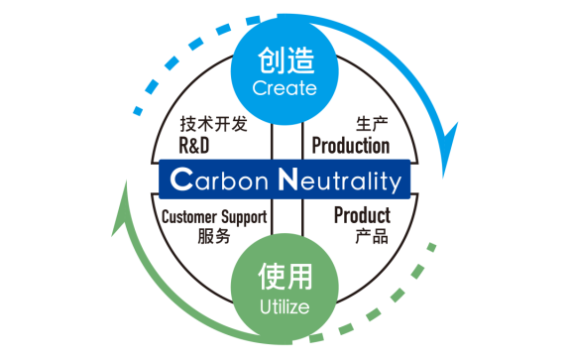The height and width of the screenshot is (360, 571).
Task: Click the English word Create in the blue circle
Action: coord(285,88)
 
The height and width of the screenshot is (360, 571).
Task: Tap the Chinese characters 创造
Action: coord(285,60)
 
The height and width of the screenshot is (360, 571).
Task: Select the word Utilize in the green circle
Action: coord(285,306)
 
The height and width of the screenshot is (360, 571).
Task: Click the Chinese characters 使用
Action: coord(285,277)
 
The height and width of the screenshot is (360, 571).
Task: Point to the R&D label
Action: coord(194,146)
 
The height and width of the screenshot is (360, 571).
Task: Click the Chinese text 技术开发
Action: coord(213,124)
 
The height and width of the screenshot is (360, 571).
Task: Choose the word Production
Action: coord(351,146)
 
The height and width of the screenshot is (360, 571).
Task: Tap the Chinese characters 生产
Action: coord(372,124)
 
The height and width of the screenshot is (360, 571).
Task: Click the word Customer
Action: coord(189,217)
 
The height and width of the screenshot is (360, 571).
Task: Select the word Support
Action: coord(244,217)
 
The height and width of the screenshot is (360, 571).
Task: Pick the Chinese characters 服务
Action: coord(214,236)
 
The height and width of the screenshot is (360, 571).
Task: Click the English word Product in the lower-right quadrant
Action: coord(363,215)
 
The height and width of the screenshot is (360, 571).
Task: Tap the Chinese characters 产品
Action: coord(372,236)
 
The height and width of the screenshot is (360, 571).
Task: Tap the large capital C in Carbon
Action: coord(181,180)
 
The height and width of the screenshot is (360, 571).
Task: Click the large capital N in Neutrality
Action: coord(288,179)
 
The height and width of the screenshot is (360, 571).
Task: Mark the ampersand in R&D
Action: coord(194,146)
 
